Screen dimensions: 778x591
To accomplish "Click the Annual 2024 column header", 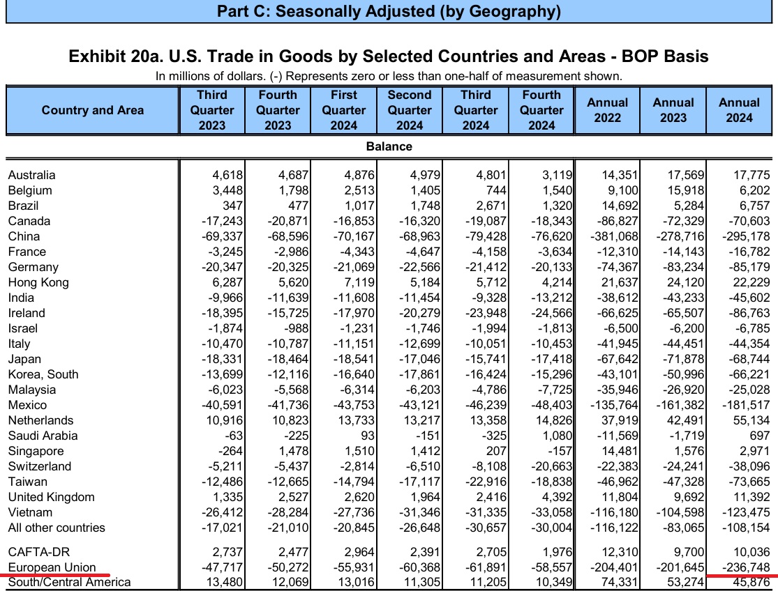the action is [x=739, y=110].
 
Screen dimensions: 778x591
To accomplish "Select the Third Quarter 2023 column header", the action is [x=212, y=110].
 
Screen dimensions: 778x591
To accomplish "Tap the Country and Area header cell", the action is [x=93, y=110].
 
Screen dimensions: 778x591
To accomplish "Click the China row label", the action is [x=24, y=236].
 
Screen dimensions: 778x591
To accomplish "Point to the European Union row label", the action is [x=52, y=567].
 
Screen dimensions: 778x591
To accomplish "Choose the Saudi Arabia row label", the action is [x=43, y=436].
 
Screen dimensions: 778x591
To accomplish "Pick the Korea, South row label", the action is [x=43, y=374].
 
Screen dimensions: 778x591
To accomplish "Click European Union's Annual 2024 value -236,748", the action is [x=741, y=567].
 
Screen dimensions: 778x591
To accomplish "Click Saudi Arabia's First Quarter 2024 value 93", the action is [x=366, y=436].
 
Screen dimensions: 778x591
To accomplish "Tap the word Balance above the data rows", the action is [x=389, y=146].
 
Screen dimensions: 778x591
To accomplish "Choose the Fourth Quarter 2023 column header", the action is [x=278, y=110].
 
